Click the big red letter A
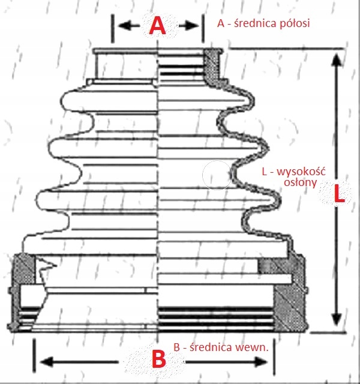(157, 26)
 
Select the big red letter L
(339, 193)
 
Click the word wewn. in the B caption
(257, 347)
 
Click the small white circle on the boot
(217, 174)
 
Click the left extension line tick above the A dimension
(113, 27)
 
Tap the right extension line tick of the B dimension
(274, 354)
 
